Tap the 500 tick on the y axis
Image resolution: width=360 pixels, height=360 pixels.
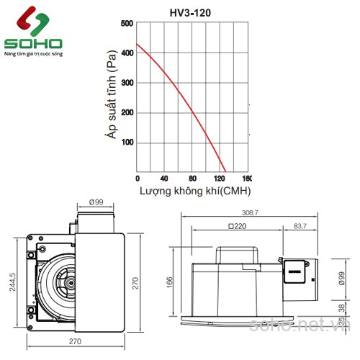(127, 23)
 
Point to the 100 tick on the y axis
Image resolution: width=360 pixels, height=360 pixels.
(127, 143)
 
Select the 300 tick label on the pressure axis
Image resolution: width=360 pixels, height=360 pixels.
(127, 83)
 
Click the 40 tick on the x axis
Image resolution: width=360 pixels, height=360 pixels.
(165, 179)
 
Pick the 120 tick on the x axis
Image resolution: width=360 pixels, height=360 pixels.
(220, 179)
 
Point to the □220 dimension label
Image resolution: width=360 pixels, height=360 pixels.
(238, 226)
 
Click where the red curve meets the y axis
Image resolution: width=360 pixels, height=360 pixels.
(138, 45)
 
